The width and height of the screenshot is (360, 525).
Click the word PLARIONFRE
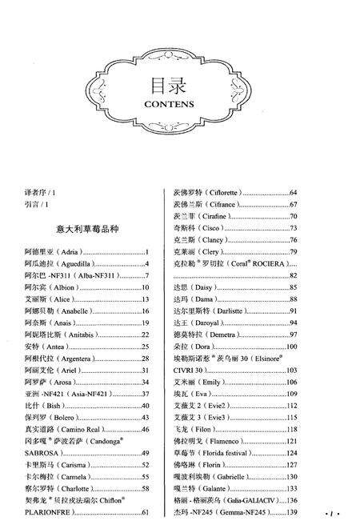pyautogui.click(x=51, y=512)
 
